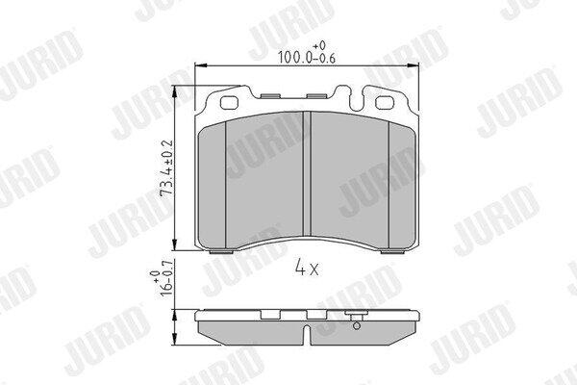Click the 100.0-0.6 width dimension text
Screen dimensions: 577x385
click(306, 58)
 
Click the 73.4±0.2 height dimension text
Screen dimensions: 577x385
click(166, 167)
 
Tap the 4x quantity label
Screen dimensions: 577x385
click(306, 268)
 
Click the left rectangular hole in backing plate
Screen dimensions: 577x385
click(229, 103)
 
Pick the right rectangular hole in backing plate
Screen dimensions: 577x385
click(384, 103)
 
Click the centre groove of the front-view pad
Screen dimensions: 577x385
click(307, 174)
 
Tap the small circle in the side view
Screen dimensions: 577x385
click(356, 325)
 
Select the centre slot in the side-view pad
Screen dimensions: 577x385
click(307, 335)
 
